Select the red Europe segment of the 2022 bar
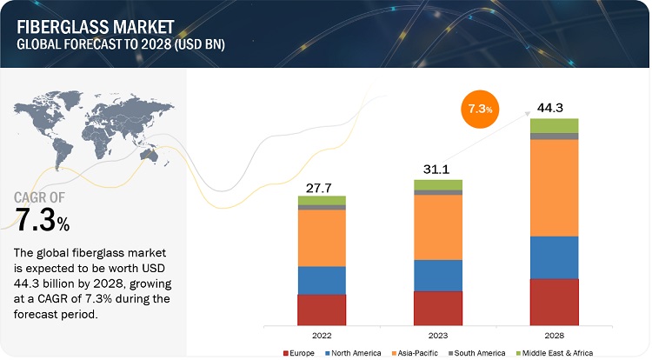[322, 309]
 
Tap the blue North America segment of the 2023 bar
[437, 275]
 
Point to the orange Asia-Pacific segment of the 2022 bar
[322, 237]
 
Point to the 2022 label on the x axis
[322, 333]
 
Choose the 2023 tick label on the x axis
[437, 333]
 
